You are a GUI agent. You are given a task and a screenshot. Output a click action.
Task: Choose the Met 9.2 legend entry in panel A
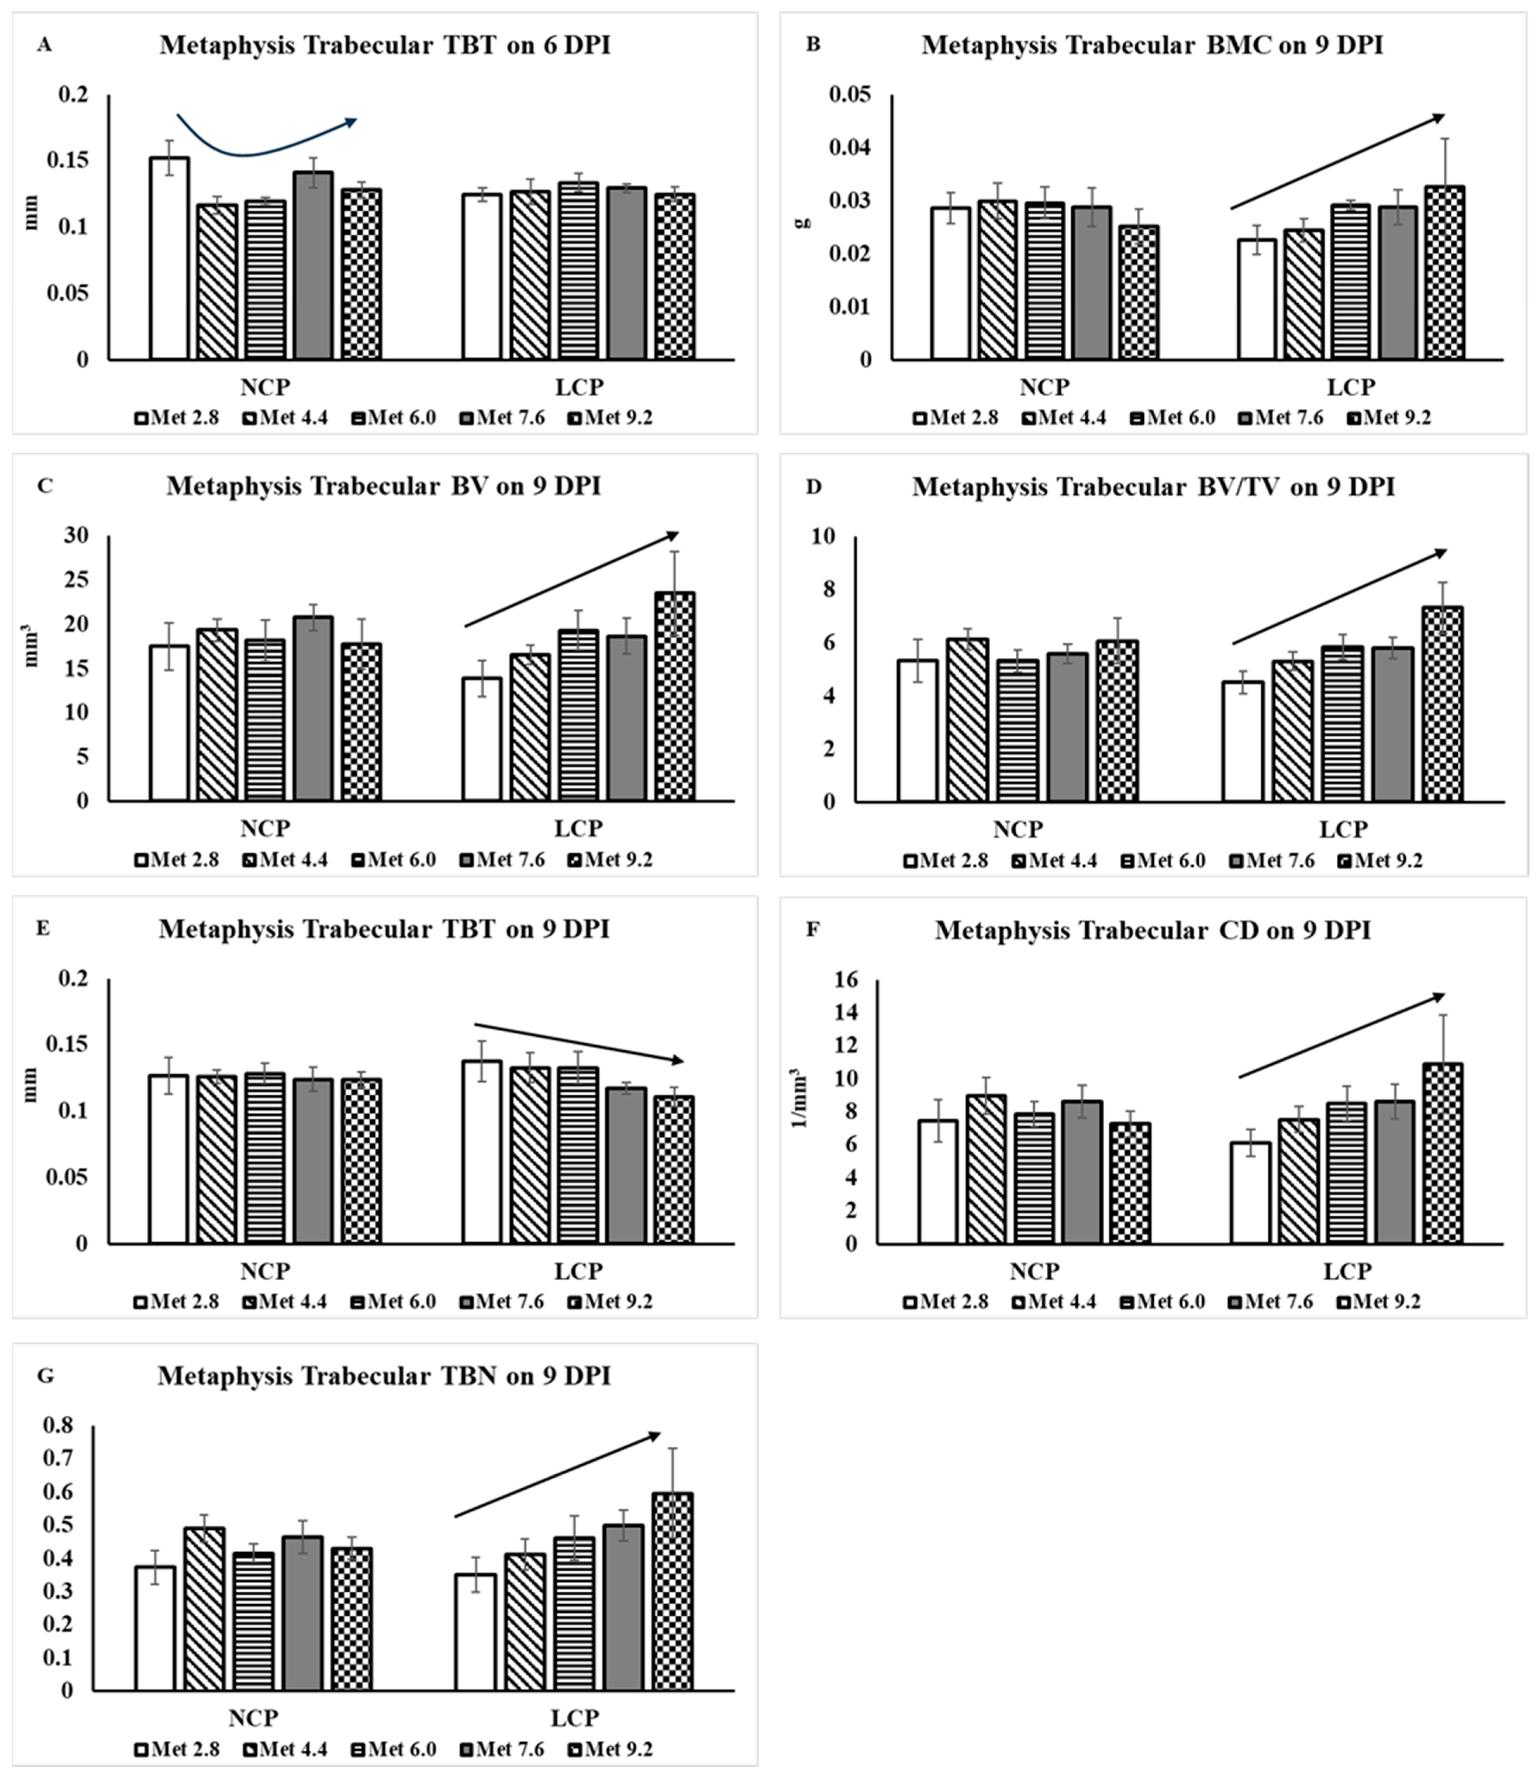(x=611, y=418)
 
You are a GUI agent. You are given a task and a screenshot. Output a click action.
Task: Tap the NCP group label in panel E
(x=265, y=1271)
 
